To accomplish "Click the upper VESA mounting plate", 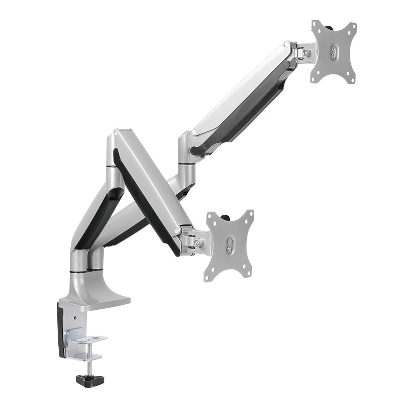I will pos(334,51).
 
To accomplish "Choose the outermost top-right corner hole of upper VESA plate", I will pos(351,26).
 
